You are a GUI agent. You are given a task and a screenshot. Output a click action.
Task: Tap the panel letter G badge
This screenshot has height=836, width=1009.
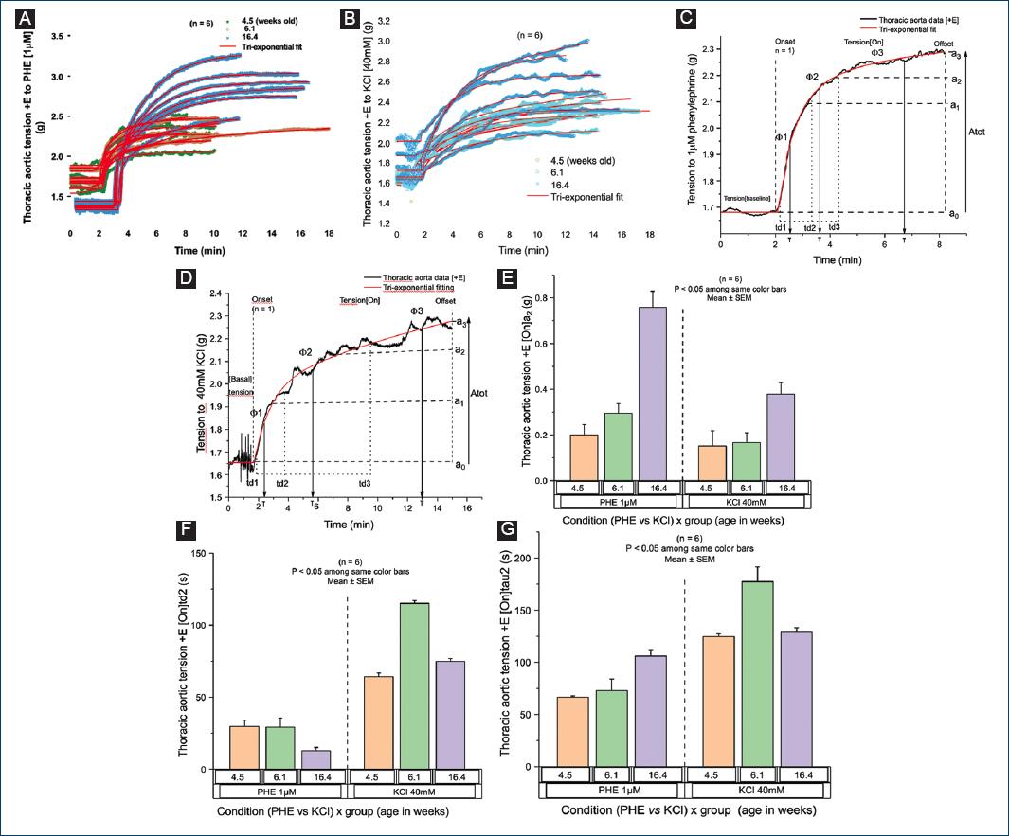pyautogui.click(x=506, y=526)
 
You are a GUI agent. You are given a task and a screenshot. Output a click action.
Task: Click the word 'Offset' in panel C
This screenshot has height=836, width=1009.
pyautogui.click(x=945, y=44)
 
